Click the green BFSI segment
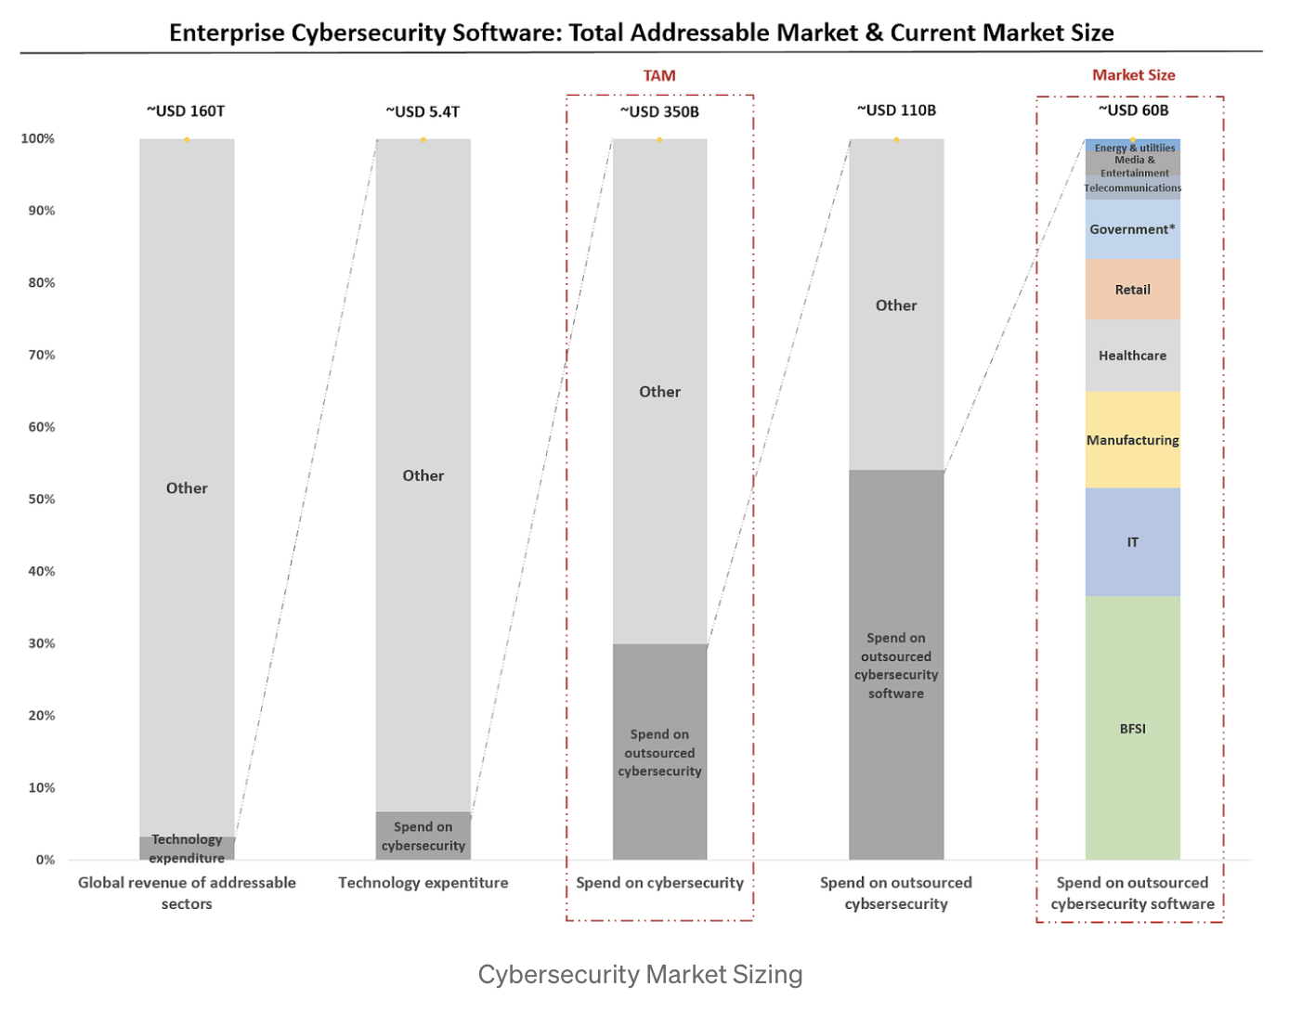click(1132, 728)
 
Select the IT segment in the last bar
click(1132, 542)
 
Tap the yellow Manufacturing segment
click(1132, 440)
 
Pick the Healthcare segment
click(1132, 356)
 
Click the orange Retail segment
click(1132, 290)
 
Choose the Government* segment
click(1132, 229)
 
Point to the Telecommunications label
click(1132, 188)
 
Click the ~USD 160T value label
click(186, 111)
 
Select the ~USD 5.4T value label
click(423, 111)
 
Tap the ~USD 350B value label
click(659, 111)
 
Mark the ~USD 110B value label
click(896, 110)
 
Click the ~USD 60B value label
click(1133, 110)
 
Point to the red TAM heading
click(659, 76)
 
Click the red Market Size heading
click(1133, 75)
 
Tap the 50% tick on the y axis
click(41, 500)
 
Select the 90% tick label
click(41, 211)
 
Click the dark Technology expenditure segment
click(187, 848)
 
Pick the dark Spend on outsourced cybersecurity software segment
click(896, 665)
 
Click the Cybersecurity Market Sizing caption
click(640, 974)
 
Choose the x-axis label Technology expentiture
click(423, 883)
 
